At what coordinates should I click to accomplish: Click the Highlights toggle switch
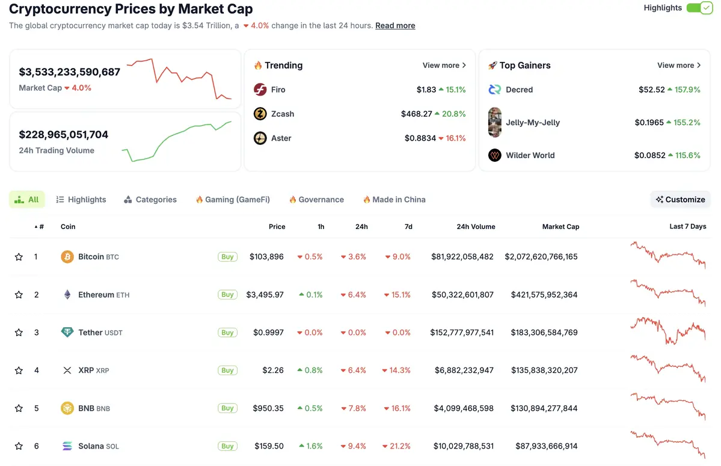pos(699,8)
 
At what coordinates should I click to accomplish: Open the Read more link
pos(395,26)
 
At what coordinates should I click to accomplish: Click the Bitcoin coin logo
pos(67,257)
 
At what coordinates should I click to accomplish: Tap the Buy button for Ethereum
pos(227,295)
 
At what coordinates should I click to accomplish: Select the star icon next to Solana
pos(19,446)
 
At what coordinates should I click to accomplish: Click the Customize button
pos(681,200)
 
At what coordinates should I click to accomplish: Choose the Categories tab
pos(150,200)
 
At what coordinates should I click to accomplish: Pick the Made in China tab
pos(394,200)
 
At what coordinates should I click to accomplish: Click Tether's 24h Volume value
pos(462,333)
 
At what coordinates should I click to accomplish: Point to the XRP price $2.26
pos(273,370)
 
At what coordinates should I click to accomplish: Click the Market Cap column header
pos(560,227)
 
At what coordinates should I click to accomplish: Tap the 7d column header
pos(408,227)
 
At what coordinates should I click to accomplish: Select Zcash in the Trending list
pos(282,114)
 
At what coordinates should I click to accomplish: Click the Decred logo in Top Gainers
pos(495,90)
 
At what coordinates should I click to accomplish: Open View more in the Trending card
pos(444,66)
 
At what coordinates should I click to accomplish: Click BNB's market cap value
pos(544,408)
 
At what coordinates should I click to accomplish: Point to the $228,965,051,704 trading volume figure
pos(64,135)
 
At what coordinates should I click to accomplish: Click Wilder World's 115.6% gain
pos(684,155)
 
